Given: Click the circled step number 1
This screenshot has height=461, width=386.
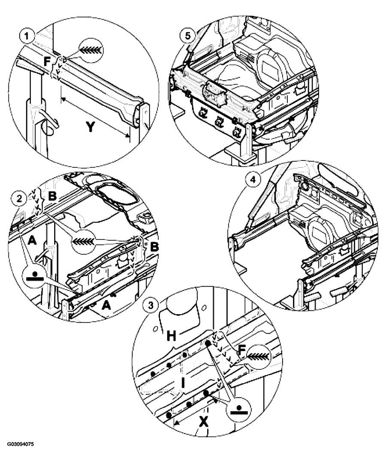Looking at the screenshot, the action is pyautogui.click(x=27, y=36).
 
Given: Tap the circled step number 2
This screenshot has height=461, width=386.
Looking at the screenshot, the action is pyautogui.click(x=18, y=199).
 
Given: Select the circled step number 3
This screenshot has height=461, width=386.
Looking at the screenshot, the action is pyautogui.click(x=151, y=305).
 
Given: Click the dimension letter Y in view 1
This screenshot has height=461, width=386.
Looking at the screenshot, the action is pyautogui.click(x=91, y=127).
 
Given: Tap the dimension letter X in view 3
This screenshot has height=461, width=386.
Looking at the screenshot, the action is pyautogui.click(x=204, y=422).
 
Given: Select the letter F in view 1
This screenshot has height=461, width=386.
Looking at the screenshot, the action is pyautogui.click(x=47, y=62).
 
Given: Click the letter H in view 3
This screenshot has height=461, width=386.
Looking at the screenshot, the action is pyautogui.click(x=172, y=336).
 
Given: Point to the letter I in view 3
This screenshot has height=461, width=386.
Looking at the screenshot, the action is pyautogui.click(x=183, y=383).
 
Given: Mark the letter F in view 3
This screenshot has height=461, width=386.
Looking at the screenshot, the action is pyautogui.click(x=241, y=350).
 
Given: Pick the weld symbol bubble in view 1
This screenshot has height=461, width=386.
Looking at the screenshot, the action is pyautogui.click(x=91, y=50).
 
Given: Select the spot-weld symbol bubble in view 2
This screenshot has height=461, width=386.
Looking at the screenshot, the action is pyautogui.click(x=34, y=277).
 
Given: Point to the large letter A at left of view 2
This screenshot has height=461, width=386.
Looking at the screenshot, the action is pyautogui.click(x=32, y=241).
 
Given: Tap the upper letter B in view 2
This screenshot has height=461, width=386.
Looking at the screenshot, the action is pyautogui.click(x=52, y=196).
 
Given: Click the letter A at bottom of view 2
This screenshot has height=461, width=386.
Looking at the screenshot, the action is pyautogui.click(x=106, y=306).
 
